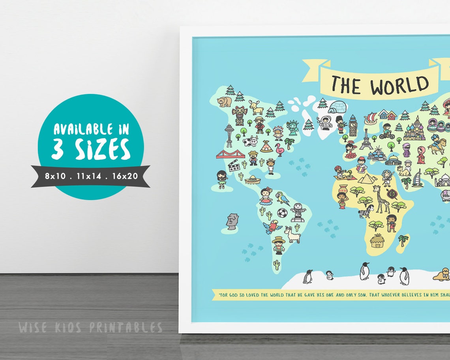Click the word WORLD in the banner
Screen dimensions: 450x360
coord(399,84)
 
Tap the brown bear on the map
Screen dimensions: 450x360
coord(224,101)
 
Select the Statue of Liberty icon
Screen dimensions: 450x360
coord(292,128)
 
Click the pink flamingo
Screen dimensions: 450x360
coord(281,150)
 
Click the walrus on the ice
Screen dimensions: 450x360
coord(442,274)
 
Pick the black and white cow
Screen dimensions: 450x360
coord(250,141)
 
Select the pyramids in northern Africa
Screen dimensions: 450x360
coord(367,178)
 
